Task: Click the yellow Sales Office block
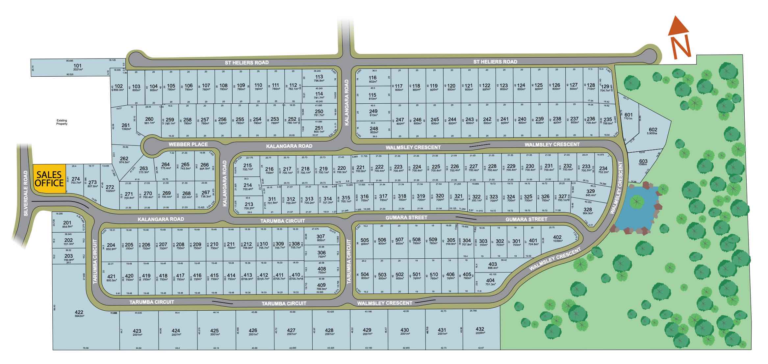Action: point(49,179)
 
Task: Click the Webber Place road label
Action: point(188,144)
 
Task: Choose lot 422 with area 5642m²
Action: point(79,314)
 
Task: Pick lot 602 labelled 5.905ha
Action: point(653,131)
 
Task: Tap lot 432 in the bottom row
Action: point(480,330)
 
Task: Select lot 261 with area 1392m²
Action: point(126,127)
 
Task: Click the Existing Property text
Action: point(62,122)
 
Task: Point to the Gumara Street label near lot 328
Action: point(526,219)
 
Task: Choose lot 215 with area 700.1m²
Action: point(247,167)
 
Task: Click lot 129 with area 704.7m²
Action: point(605,88)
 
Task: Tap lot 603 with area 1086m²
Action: point(643,163)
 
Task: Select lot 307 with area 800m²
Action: point(320,238)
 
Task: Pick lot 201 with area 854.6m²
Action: point(67,224)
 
